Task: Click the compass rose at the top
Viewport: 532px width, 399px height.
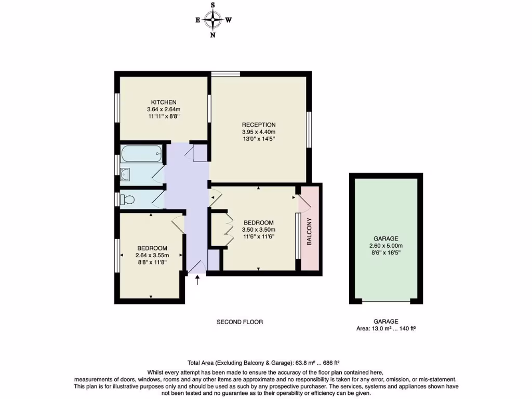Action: pyautogui.click(x=213, y=20)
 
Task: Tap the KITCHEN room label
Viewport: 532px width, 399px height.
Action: pyautogui.click(x=164, y=102)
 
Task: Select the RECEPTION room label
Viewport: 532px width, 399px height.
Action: pyautogui.click(x=259, y=125)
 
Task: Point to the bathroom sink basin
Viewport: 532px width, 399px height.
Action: pyautogui.click(x=126, y=174)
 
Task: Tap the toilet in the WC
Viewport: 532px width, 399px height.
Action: pyautogui.click(x=128, y=199)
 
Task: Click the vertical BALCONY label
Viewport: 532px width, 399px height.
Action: pyautogui.click(x=309, y=232)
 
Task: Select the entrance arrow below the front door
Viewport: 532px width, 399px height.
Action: pyautogui.click(x=197, y=281)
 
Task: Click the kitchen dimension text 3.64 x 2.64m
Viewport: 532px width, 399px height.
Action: pyautogui.click(x=164, y=110)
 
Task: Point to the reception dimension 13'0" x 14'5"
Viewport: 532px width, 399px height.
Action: pyautogui.click(x=259, y=139)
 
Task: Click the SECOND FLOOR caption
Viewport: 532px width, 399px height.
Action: pyautogui.click(x=240, y=322)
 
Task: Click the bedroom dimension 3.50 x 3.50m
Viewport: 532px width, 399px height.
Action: pyautogui.click(x=259, y=230)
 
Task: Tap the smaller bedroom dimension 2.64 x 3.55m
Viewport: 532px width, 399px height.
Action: pyautogui.click(x=152, y=255)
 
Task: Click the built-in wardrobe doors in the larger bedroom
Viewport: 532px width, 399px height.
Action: pyautogui.click(x=229, y=229)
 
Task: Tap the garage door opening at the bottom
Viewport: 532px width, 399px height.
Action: pyautogui.click(x=386, y=301)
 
